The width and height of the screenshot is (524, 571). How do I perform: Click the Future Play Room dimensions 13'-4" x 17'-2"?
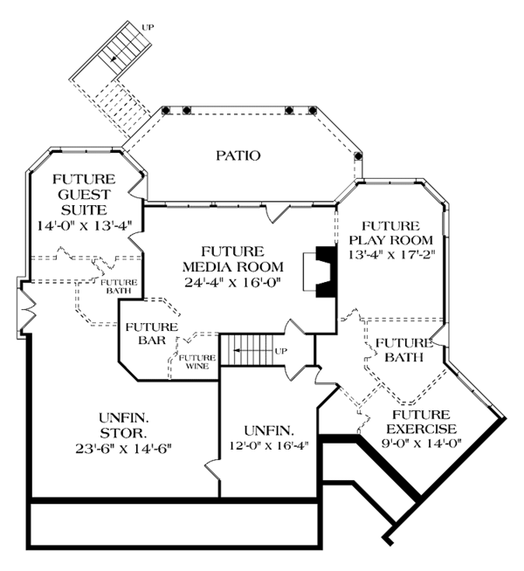[x=391, y=255]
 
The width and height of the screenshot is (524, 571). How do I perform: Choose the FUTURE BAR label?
[x=152, y=334]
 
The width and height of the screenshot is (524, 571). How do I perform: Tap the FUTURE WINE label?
[x=197, y=361]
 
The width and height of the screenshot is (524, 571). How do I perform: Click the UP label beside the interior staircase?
[x=281, y=352]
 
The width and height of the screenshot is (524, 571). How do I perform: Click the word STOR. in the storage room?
[x=122, y=432]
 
